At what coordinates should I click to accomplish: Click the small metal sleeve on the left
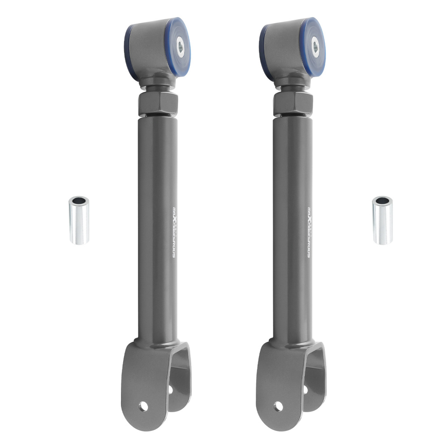pos(79,220)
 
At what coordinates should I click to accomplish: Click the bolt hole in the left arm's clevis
pos(143,406)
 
